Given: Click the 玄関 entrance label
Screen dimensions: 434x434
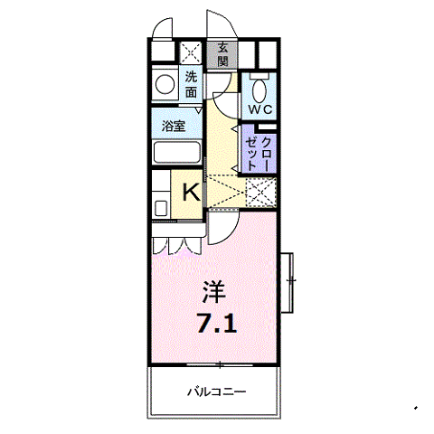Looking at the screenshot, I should [x=222, y=55].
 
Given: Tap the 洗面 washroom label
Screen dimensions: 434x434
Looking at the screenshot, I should [x=192, y=84].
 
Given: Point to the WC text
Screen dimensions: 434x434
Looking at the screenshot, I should [x=261, y=108].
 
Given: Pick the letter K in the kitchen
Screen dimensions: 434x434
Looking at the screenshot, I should [x=192, y=191].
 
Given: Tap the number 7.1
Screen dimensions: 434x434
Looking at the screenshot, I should [x=217, y=323].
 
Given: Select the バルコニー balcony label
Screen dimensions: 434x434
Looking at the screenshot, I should [x=217, y=392].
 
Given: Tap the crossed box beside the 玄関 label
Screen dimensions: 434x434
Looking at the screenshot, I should [x=192, y=52].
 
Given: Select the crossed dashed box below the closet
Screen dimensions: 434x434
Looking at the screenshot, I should [x=260, y=193].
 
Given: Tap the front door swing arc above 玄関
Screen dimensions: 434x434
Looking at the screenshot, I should [x=220, y=23].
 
